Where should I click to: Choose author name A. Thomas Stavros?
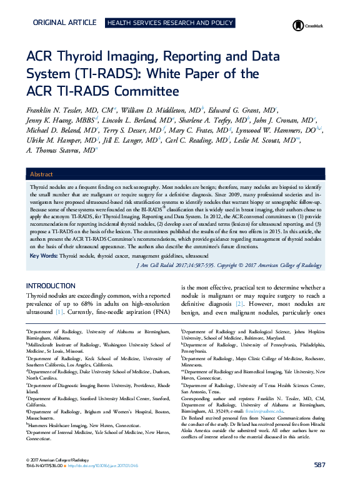tap(58, 151)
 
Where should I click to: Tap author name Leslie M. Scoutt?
tap(274, 140)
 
